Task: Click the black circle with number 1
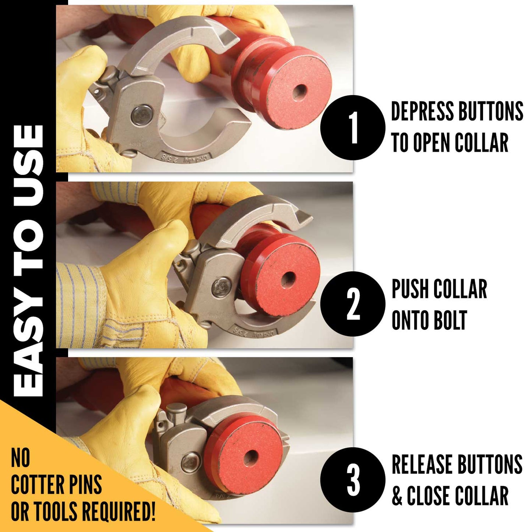point(353,127)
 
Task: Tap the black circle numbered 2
point(353,304)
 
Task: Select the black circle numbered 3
point(353,479)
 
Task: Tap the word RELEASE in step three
point(421,465)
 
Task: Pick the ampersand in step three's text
point(397,496)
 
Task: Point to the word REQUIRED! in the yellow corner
point(118,511)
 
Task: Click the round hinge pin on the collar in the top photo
point(142,115)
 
